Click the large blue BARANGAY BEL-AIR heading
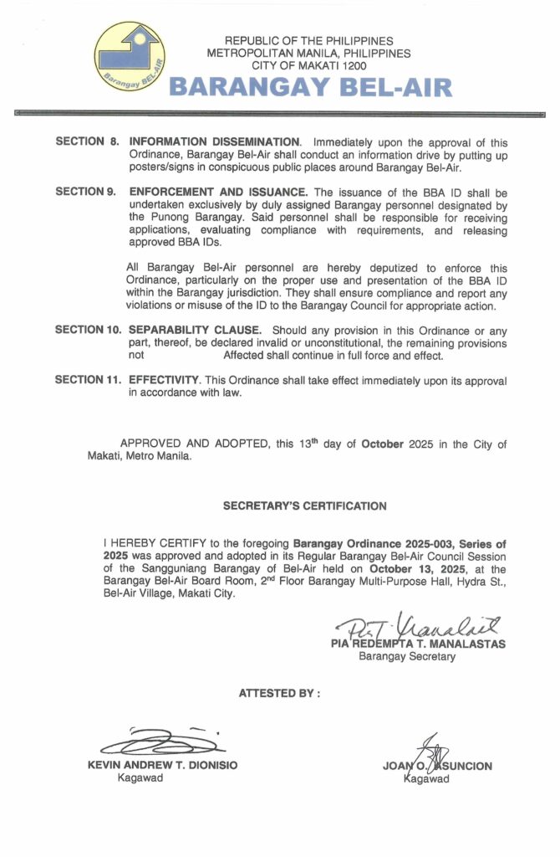coord(310,87)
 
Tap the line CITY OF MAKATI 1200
coord(309,65)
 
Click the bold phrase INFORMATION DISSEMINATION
coord(214,142)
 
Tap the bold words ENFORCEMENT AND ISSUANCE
coord(219,192)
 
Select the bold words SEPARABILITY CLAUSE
coord(194,330)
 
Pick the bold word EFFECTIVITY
coord(164,381)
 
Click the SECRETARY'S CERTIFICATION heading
coord(304,506)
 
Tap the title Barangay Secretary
coord(407,657)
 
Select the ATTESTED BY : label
coord(279,693)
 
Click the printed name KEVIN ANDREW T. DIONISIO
coord(162,765)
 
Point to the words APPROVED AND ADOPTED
coord(196,444)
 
